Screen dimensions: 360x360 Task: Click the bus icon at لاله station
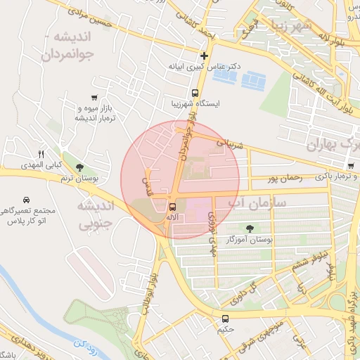pos(172,206)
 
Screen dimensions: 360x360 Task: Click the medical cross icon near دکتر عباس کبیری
pos(204,56)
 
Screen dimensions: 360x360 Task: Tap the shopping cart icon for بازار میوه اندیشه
pos(94,98)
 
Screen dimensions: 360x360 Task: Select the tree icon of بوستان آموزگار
pos(251,227)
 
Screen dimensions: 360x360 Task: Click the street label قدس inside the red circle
pos(147,185)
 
